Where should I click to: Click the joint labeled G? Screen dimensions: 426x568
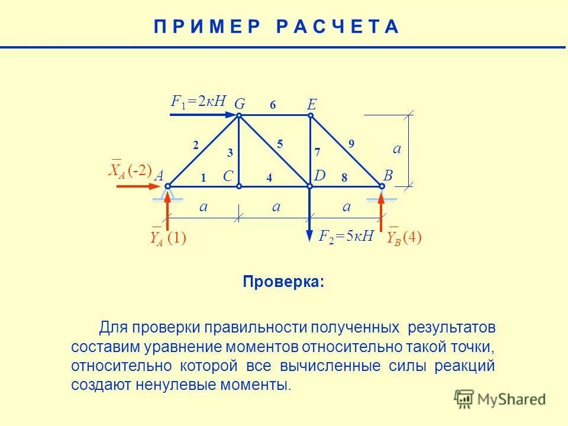coord(239,116)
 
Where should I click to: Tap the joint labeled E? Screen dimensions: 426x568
coord(310,116)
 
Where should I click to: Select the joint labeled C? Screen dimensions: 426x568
coord(239,186)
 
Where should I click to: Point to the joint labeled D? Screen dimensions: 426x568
coord(309,186)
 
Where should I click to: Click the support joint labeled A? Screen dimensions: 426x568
coord(167,186)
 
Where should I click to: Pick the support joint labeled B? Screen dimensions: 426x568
coord(382,186)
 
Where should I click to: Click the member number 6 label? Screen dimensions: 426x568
coord(273,105)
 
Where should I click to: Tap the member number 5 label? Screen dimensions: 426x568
coord(280,143)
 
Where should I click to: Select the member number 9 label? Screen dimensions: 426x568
coord(351,143)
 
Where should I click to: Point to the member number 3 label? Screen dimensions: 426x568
coord(230,153)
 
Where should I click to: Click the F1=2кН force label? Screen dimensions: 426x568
coord(198,101)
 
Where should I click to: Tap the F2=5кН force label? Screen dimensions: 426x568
coord(346,237)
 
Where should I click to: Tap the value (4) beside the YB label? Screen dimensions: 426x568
coord(412,237)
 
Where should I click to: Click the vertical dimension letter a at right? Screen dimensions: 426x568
coord(397,149)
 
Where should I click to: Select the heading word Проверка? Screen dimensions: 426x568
coord(283,282)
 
